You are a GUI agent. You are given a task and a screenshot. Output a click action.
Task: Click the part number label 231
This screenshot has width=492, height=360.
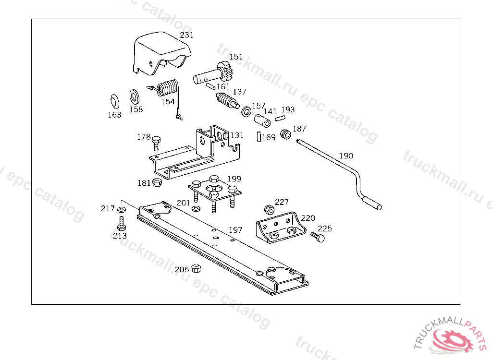click(x=186, y=35)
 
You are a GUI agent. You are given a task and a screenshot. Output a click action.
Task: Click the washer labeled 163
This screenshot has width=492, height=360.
click(x=114, y=101)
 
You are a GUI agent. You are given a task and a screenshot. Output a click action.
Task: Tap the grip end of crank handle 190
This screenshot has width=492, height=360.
click(x=373, y=203)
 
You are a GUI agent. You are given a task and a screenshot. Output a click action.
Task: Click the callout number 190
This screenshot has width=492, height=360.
click(x=346, y=156)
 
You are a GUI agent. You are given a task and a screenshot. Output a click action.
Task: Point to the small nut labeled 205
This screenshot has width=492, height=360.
click(x=196, y=268)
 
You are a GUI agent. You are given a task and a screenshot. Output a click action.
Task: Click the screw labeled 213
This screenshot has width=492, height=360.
click(x=122, y=223)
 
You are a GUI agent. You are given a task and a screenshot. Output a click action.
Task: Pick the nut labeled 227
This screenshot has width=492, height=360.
click(x=269, y=210)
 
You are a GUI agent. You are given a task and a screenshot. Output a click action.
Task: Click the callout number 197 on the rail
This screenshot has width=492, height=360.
click(x=235, y=230)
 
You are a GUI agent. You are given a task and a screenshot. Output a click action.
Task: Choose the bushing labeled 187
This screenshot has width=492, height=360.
click(x=285, y=133)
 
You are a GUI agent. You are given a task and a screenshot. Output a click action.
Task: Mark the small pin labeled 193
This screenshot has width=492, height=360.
click(x=281, y=118)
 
